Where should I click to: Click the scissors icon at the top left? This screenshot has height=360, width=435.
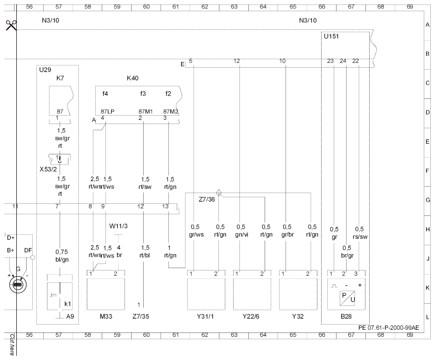pos(11,25)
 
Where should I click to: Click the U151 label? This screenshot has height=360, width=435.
pos(331,36)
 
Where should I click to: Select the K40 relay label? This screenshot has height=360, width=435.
pos(133,78)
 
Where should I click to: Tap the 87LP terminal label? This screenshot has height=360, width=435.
pos(107,111)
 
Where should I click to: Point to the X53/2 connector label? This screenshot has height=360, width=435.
pos(48,169)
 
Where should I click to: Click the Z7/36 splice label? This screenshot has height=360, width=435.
pos(207,199)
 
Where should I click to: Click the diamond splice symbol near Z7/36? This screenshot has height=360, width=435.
pos(218,193)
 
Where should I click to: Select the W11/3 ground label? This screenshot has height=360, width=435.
pos(118,226)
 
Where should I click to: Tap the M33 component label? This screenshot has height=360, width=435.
pos(106,316)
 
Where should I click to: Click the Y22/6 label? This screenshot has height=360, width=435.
pos(251,316)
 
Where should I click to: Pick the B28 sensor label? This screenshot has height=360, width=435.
pos(346,316)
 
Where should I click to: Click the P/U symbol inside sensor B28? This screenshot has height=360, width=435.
pos(347,298)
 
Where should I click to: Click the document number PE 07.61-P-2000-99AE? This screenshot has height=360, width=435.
pos(389,327)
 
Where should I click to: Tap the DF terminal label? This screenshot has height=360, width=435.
pos(28,250)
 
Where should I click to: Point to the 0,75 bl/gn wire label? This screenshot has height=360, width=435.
pos(62,256)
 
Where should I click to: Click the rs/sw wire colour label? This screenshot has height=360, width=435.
pos(360,237)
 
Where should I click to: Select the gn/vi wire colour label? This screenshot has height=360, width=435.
pos(241,235)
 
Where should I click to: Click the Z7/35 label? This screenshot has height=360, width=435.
pos(140,316)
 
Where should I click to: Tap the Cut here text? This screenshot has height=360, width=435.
pos(12,345)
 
